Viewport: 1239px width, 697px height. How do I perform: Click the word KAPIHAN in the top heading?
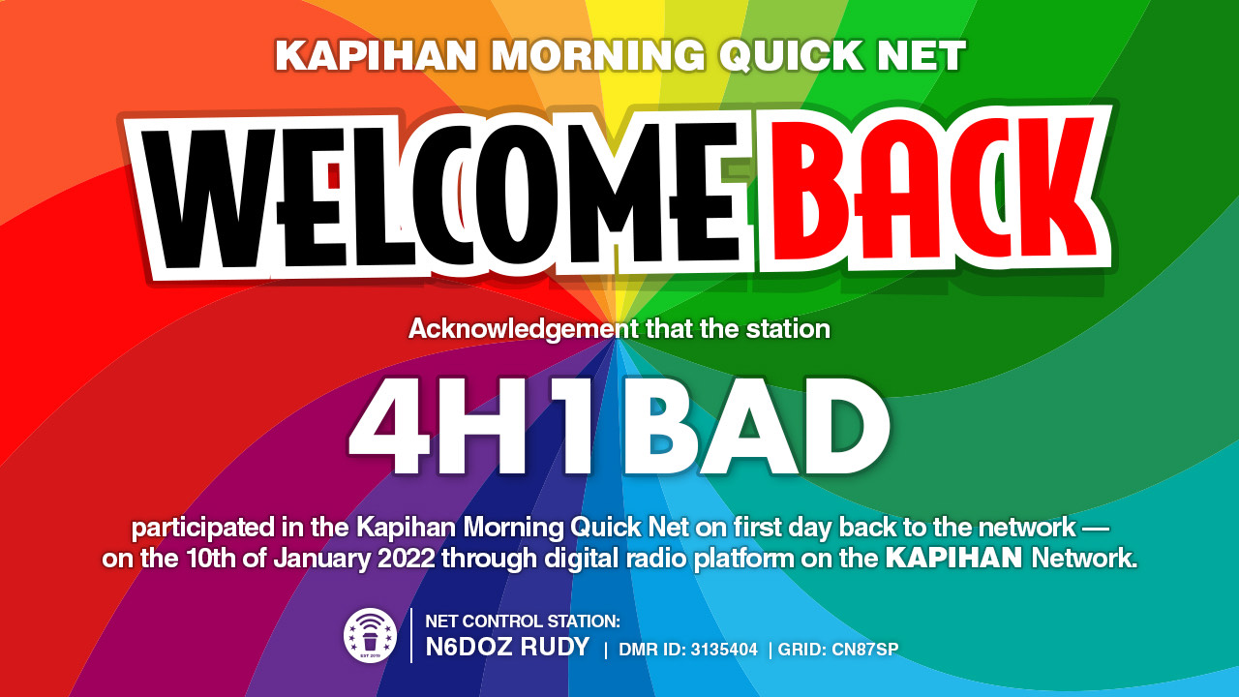click(x=376, y=55)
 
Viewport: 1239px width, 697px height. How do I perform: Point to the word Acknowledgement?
click(x=524, y=329)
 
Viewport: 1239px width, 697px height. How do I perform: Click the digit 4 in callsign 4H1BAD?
click(x=390, y=429)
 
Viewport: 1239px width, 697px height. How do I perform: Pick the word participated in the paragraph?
click(x=202, y=529)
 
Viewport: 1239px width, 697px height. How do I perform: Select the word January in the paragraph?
click(x=321, y=558)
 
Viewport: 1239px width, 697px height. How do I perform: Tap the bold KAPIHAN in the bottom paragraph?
click(x=954, y=558)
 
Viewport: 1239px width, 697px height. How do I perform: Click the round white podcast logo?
click(x=370, y=636)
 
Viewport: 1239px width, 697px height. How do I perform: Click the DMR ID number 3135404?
click(x=724, y=650)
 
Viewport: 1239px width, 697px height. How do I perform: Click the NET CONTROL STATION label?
click(x=523, y=621)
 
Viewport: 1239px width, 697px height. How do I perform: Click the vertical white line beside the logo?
click(x=411, y=635)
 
